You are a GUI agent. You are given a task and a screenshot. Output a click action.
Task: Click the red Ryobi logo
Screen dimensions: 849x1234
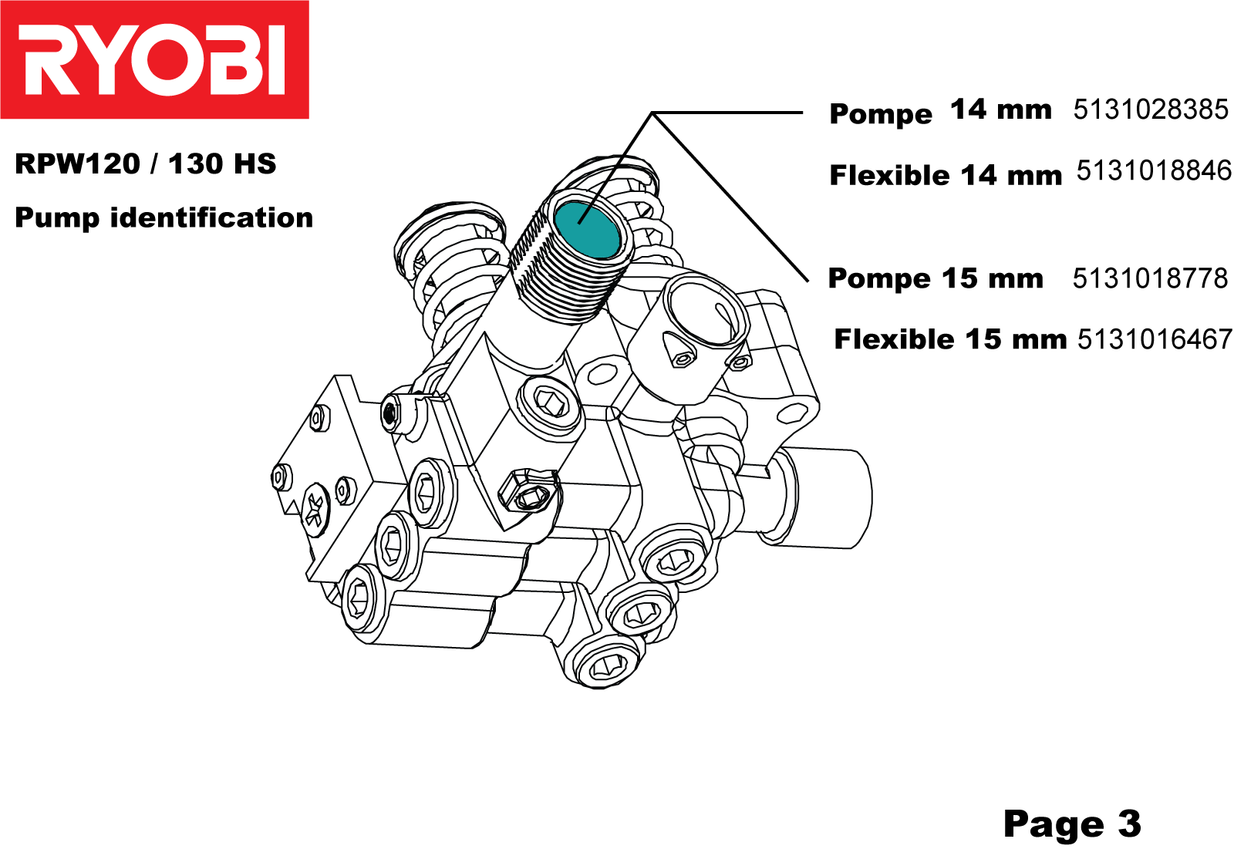click(x=154, y=59)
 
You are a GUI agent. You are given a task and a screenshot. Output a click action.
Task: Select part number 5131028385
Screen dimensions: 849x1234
click(x=1150, y=109)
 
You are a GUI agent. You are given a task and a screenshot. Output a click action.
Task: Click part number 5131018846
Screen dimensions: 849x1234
click(x=1153, y=170)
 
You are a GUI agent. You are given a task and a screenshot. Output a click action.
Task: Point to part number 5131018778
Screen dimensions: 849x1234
click(x=1149, y=278)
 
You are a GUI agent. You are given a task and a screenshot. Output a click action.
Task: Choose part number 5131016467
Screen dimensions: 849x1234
click(x=1155, y=339)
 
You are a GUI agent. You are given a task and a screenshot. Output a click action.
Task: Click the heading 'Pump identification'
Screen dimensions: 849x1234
click(x=164, y=218)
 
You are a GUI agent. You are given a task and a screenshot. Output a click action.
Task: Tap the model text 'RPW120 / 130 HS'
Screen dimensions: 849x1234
click(x=146, y=164)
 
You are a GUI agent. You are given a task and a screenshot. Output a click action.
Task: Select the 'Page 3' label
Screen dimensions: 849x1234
click(x=1071, y=824)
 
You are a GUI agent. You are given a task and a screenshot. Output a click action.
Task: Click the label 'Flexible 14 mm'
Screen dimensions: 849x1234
click(x=946, y=176)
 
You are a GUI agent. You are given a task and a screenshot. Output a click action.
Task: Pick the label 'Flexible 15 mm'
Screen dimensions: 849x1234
click(x=950, y=339)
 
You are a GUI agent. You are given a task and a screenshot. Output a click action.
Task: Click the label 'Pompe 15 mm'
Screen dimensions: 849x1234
click(x=935, y=278)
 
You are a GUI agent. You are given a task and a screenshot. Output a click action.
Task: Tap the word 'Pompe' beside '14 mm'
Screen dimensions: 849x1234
click(x=881, y=114)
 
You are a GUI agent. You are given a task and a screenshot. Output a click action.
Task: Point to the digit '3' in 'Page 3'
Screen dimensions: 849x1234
click(x=1129, y=824)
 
